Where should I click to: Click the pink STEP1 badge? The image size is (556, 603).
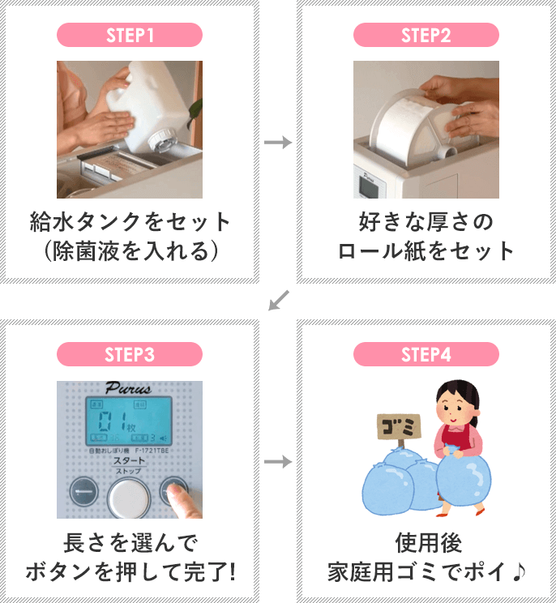(x=130, y=35)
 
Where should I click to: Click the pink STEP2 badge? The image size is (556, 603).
(x=426, y=35)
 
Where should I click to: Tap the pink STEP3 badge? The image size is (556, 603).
(x=130, y=354)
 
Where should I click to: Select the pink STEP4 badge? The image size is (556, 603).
(x=426, y=354)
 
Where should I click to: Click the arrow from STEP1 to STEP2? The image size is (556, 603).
(x=278, y=143)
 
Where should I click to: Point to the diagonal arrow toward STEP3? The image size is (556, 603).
(x=278, y=301)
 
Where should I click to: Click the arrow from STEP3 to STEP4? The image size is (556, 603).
(x=278, y=461)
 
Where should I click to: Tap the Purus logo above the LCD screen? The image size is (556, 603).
(x=129, y=387)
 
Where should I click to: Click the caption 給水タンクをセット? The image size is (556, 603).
(x=130, y=221)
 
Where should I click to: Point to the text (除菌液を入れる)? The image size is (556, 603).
(x=130, y=250)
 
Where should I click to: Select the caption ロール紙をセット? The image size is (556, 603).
(x=426, y=250)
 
